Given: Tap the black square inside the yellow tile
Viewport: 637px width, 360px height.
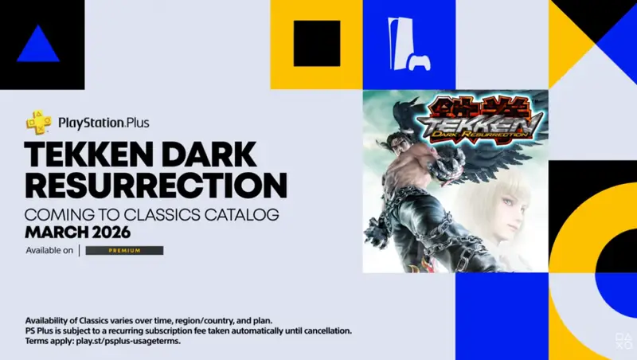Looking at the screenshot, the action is coord(317,44).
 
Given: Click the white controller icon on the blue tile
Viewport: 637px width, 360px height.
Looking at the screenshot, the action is coord(420,63).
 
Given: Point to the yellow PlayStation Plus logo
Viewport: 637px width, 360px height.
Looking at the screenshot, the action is coord(38,122).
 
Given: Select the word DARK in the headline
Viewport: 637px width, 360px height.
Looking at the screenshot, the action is coord(212,155).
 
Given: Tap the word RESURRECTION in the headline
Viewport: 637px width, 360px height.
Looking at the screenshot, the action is coord(156,185).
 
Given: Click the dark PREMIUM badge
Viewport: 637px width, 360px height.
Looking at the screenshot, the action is coord(124,250).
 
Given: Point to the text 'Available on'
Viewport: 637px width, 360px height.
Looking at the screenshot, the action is coord(49,250).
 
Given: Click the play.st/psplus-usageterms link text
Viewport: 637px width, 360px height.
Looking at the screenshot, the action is coord(128,341).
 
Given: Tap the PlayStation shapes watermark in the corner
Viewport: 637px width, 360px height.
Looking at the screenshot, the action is coord(623,341).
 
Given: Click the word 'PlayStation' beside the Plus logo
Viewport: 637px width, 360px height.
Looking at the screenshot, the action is coord(91,123).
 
